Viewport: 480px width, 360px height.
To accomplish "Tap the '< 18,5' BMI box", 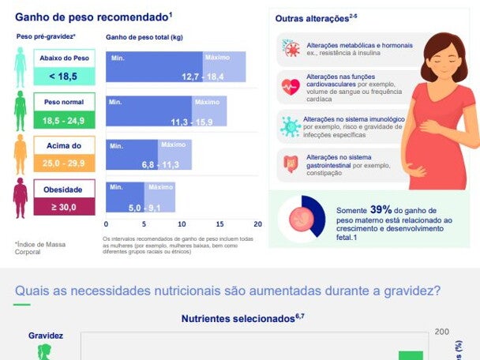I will click(64, 76).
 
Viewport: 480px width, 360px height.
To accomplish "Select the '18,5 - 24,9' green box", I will click(64, 120).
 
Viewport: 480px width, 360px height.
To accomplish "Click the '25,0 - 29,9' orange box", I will click(64, 163).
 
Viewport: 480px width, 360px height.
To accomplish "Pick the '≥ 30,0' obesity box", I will click(64, 206).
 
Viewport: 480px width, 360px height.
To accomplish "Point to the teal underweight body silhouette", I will click(20, 67).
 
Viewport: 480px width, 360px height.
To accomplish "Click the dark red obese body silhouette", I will click(20, 197).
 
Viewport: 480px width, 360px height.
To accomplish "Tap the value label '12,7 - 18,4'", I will click(203, 76).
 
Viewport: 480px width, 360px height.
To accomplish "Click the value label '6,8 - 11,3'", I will click(159, 164).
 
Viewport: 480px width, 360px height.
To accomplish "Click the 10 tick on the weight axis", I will click(182, 224).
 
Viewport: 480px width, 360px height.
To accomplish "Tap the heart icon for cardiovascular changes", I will click(290, 85).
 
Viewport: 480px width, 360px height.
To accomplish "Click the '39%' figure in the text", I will click(381, 209).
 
